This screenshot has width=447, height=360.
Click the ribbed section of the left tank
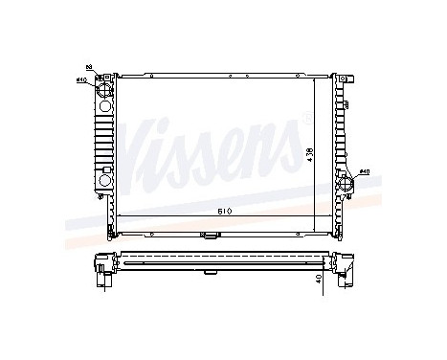click(105, 134)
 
